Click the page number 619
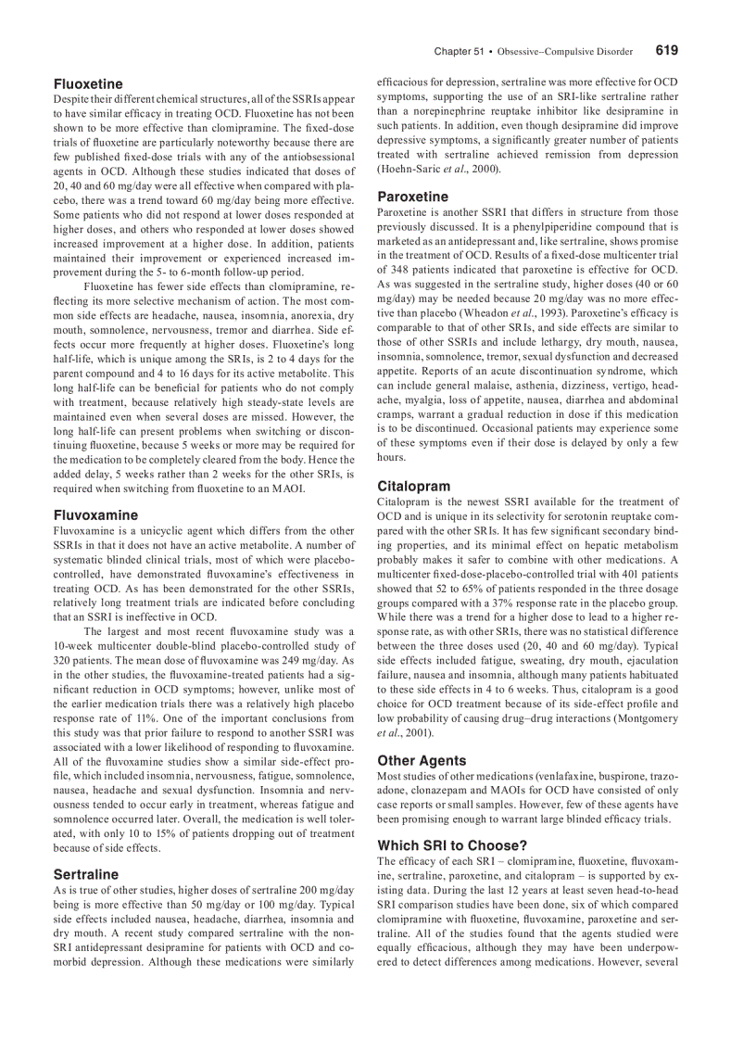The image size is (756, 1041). point(666,51)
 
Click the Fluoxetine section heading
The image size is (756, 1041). point(88,84)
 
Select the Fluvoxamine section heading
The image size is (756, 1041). point(95,514)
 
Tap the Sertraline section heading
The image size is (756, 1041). point(86,874)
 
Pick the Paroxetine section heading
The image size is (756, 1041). point(412,197)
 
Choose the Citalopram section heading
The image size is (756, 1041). point(414,486)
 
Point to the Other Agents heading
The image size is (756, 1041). point(422,760)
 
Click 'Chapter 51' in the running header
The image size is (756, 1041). point(459,52)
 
